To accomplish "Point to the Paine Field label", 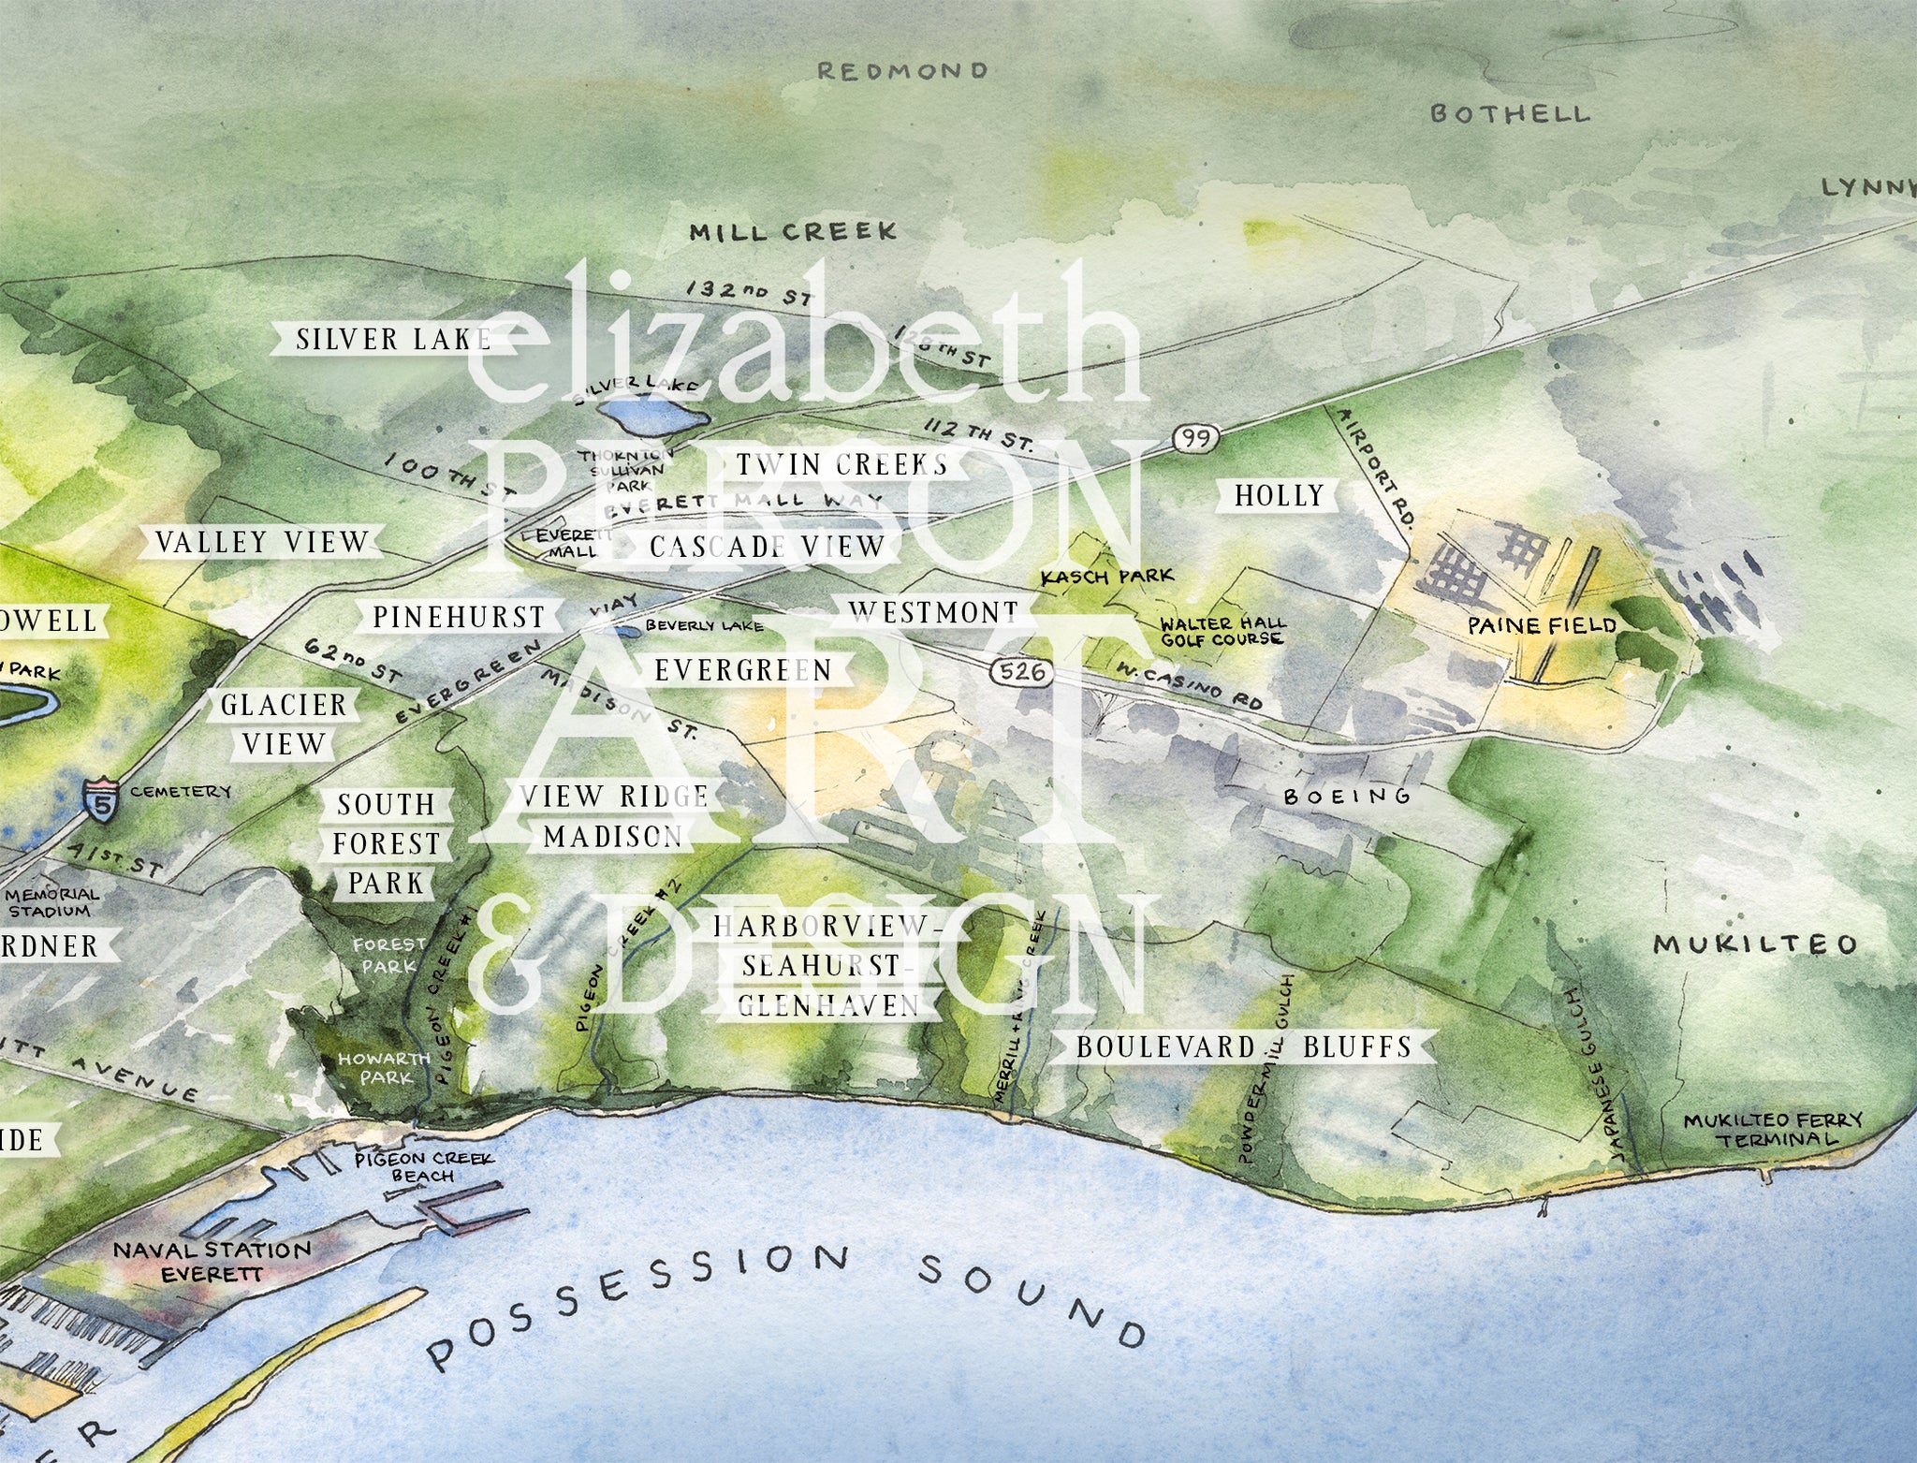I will click(x=1541, y=625).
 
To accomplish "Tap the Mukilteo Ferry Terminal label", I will click(x=1760, y=1130).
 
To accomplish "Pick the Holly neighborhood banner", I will click(x=1279, y=495).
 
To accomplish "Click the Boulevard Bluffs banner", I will click(x=1243, y=1046).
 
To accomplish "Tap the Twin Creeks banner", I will click(x=841, y=464).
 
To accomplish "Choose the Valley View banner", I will click(x=262, y=542).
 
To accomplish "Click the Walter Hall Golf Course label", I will click(x=1222, y=631).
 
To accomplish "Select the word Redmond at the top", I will click(x=902, y=71).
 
